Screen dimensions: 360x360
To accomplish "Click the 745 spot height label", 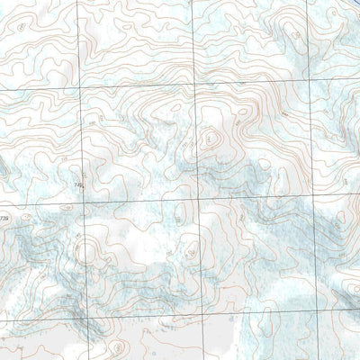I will click(x=76, y=184).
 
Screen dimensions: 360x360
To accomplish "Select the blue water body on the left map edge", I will click(x=3, y=167).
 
